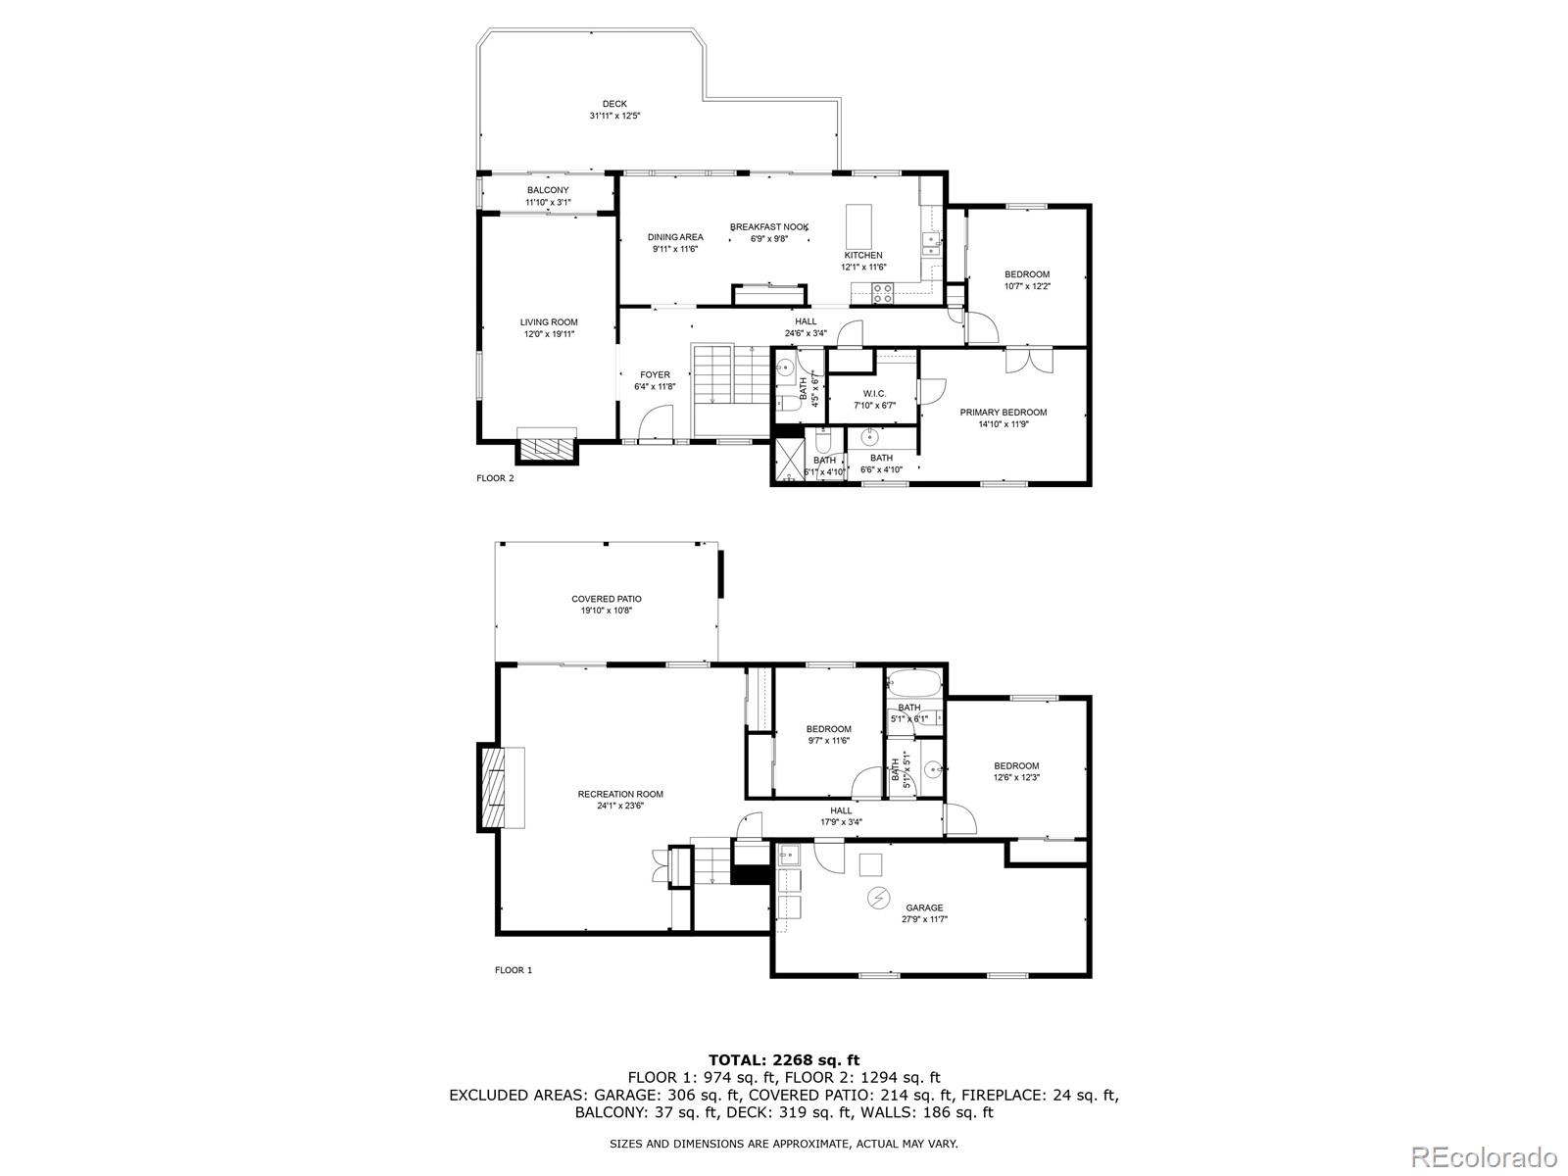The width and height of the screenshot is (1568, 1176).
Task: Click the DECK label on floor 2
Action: tap(614, 104)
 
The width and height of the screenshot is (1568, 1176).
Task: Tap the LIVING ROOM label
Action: tap(549, 322)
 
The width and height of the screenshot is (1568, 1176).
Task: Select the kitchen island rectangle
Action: tap(858, 226)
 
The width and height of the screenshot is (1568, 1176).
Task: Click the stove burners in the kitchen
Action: tap(882, 293)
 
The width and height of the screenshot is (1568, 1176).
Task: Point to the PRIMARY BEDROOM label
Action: tap(1003, 412)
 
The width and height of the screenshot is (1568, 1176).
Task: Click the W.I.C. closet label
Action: tap(874, 393)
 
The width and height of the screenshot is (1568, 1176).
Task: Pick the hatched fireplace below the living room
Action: tap(547, 449)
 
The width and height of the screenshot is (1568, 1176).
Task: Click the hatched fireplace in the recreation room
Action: tap(491, 788)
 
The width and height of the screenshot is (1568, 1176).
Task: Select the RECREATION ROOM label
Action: tap(620, 794)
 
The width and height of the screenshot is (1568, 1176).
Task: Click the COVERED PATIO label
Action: tap(607, 599)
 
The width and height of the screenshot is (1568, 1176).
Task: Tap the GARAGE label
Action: tap(924, 908)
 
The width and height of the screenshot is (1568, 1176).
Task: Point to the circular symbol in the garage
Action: tap(877, 898)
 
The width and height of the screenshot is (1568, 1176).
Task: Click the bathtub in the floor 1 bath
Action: tap(914, 685)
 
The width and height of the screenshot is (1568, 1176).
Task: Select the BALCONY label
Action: tap(548, 191)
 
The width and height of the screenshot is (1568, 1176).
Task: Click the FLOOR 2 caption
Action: tap(495, 478)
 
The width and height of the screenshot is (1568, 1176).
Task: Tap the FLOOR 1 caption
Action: tap(514, 970)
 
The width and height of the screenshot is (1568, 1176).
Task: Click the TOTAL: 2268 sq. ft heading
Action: tap(784, 1060)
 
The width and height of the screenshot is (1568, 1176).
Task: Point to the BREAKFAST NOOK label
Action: tap(769, 227)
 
